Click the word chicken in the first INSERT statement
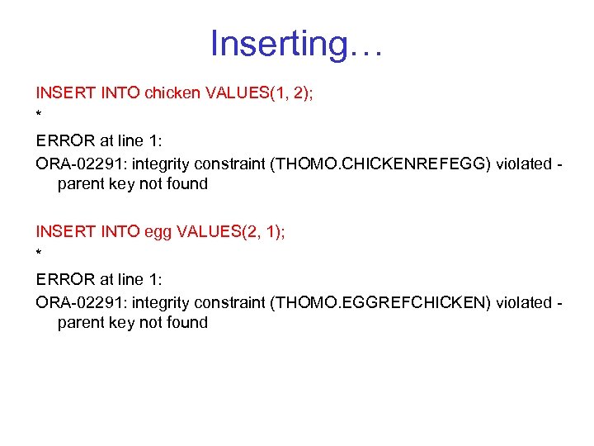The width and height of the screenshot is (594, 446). (172, 93)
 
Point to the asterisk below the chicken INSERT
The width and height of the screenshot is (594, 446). (39, 114)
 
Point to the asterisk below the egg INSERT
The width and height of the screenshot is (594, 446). (39, 254)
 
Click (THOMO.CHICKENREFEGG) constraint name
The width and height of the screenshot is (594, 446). (381, 164)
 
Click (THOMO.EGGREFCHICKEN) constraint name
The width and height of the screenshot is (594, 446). (381, 303)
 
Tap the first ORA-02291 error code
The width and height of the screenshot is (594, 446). (76, 164)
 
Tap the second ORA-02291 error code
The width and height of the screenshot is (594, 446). (76, 303)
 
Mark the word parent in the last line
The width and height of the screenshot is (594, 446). (81, 323)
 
